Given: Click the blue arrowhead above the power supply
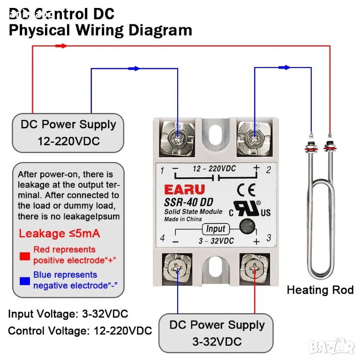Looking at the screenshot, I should click(x=134, y=68).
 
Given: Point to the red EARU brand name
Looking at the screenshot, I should click(x=184, y=190).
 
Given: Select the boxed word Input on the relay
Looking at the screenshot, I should click(x=215, y=229).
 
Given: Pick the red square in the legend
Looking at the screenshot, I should click(x=24, y=256).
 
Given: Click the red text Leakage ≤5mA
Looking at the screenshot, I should click(x=60, y=233).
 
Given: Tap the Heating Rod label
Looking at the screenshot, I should click(x=320, y=290).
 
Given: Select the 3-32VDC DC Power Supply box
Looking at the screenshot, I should click(x=217, y=333).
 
